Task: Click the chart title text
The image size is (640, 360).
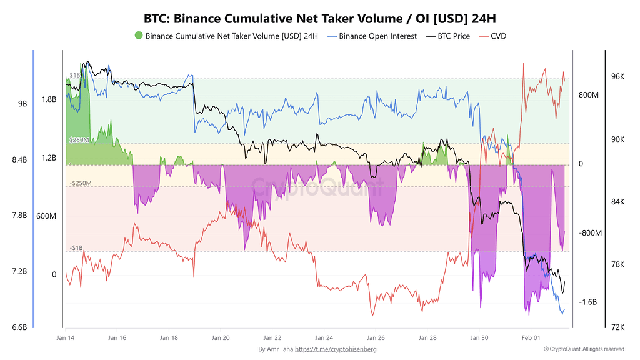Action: click(319, 17)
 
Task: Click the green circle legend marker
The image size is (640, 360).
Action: click(138, 36)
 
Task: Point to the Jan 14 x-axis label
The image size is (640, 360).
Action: click(66, 337)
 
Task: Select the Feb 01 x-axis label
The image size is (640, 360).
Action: click(531, 337)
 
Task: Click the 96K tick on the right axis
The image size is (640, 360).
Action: click(617, 76)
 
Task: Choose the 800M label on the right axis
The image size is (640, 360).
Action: click(589, 95)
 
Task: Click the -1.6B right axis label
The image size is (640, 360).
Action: click(589, 302)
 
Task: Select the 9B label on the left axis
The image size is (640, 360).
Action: click(22, 104)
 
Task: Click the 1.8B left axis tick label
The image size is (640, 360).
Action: click(49, 99)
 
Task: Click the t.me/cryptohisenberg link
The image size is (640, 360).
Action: click(336, 349)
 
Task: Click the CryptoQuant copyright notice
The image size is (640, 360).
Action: click(584, 349)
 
